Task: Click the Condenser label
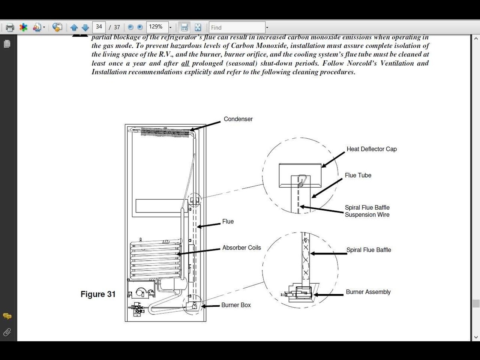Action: click(x=238, y=119)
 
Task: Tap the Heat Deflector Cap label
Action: click(x=372, y=149)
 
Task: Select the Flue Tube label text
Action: click(x=358, y=175)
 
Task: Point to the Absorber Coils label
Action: click(x=242, y=248)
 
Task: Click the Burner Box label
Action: click(x=236, y=305)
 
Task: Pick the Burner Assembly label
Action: click(x=368, y=292)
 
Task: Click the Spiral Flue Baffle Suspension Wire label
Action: click(x=367, y=211)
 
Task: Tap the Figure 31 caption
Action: click(x=98, y=294)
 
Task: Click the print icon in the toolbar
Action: click(x=10, y=28)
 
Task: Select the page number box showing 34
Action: click(x=99, y=27)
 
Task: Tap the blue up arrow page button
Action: click(x=74, y=28)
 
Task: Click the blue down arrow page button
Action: click(x=85, y=28)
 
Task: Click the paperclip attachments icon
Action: click(x=7, y=332)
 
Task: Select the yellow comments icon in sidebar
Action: click(x=7, y=316)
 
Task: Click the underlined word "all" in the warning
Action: click(x=185, y=63)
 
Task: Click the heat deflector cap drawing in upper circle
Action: click(x=300, y=175)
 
